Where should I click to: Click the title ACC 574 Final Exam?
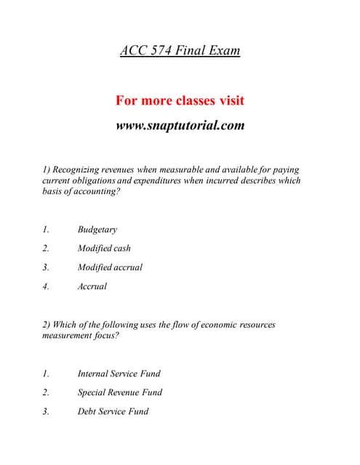coord(180,51)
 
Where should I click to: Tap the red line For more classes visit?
coord(180,100)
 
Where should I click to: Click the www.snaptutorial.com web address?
coord(180,125)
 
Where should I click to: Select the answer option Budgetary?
coord(97,230)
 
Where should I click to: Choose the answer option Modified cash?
coord(104,248)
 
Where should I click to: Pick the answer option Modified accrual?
coord(110,267)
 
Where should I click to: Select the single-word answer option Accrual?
coord(92,286)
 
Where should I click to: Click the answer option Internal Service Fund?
coord(119,374)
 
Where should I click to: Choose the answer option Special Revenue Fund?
coord(119,393)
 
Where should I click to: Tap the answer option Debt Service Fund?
coord(113,412)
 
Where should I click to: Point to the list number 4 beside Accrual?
coord(45,286)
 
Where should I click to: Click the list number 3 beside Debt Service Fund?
coord(45,412)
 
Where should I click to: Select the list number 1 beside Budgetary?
coord(45,230)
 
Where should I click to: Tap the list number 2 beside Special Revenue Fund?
coord(45,393)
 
